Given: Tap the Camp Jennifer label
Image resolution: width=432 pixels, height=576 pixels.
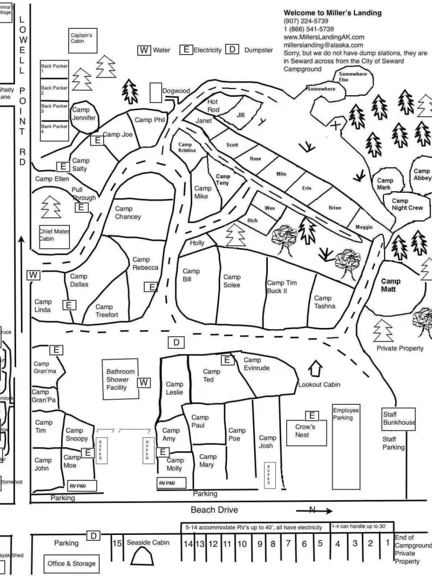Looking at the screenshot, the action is (x=84, y=113).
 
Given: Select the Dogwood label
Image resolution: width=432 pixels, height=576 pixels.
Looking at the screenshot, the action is (x=176, y=91).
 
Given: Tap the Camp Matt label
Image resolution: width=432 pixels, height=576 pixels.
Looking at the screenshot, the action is (x=390, y=285).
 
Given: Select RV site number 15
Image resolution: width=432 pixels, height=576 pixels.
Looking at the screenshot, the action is (x=117, y=543).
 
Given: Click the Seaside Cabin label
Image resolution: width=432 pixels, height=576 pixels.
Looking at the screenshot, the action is (x=148, y=542).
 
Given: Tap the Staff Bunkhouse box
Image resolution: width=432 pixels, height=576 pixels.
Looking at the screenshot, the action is (x=399, y=418).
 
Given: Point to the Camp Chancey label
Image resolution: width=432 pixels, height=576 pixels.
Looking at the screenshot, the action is (x=128, y=212).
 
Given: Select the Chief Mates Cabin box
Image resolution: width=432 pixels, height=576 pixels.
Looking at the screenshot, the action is (x=54, y=235).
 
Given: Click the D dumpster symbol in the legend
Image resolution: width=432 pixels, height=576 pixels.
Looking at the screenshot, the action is (x=232, y=50).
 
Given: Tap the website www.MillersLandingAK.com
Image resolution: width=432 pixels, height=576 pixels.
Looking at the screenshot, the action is (x=324, y=37).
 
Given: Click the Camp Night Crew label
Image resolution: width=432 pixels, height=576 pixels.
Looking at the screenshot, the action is (x=407, y=204).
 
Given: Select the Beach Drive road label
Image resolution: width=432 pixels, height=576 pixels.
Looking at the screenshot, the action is (x=214, y=510).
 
